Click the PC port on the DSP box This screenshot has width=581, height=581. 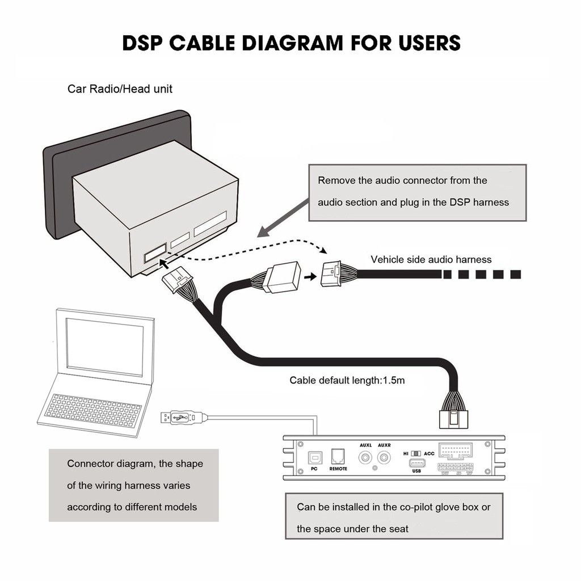(x=314, y=458)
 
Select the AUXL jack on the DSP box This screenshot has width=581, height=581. (x=365, y=457)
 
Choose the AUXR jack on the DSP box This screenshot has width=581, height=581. (x=384, y=457)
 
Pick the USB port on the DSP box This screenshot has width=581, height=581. (x=416, y=464)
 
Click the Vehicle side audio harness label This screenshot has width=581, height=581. (x=431, y=259)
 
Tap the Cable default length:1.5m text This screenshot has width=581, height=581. (x=347, y=380)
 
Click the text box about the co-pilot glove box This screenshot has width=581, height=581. (x=394, y=517)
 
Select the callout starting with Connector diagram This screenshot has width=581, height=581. (x=134, y=485)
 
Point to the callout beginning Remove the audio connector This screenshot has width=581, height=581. (x=417, y=192)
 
